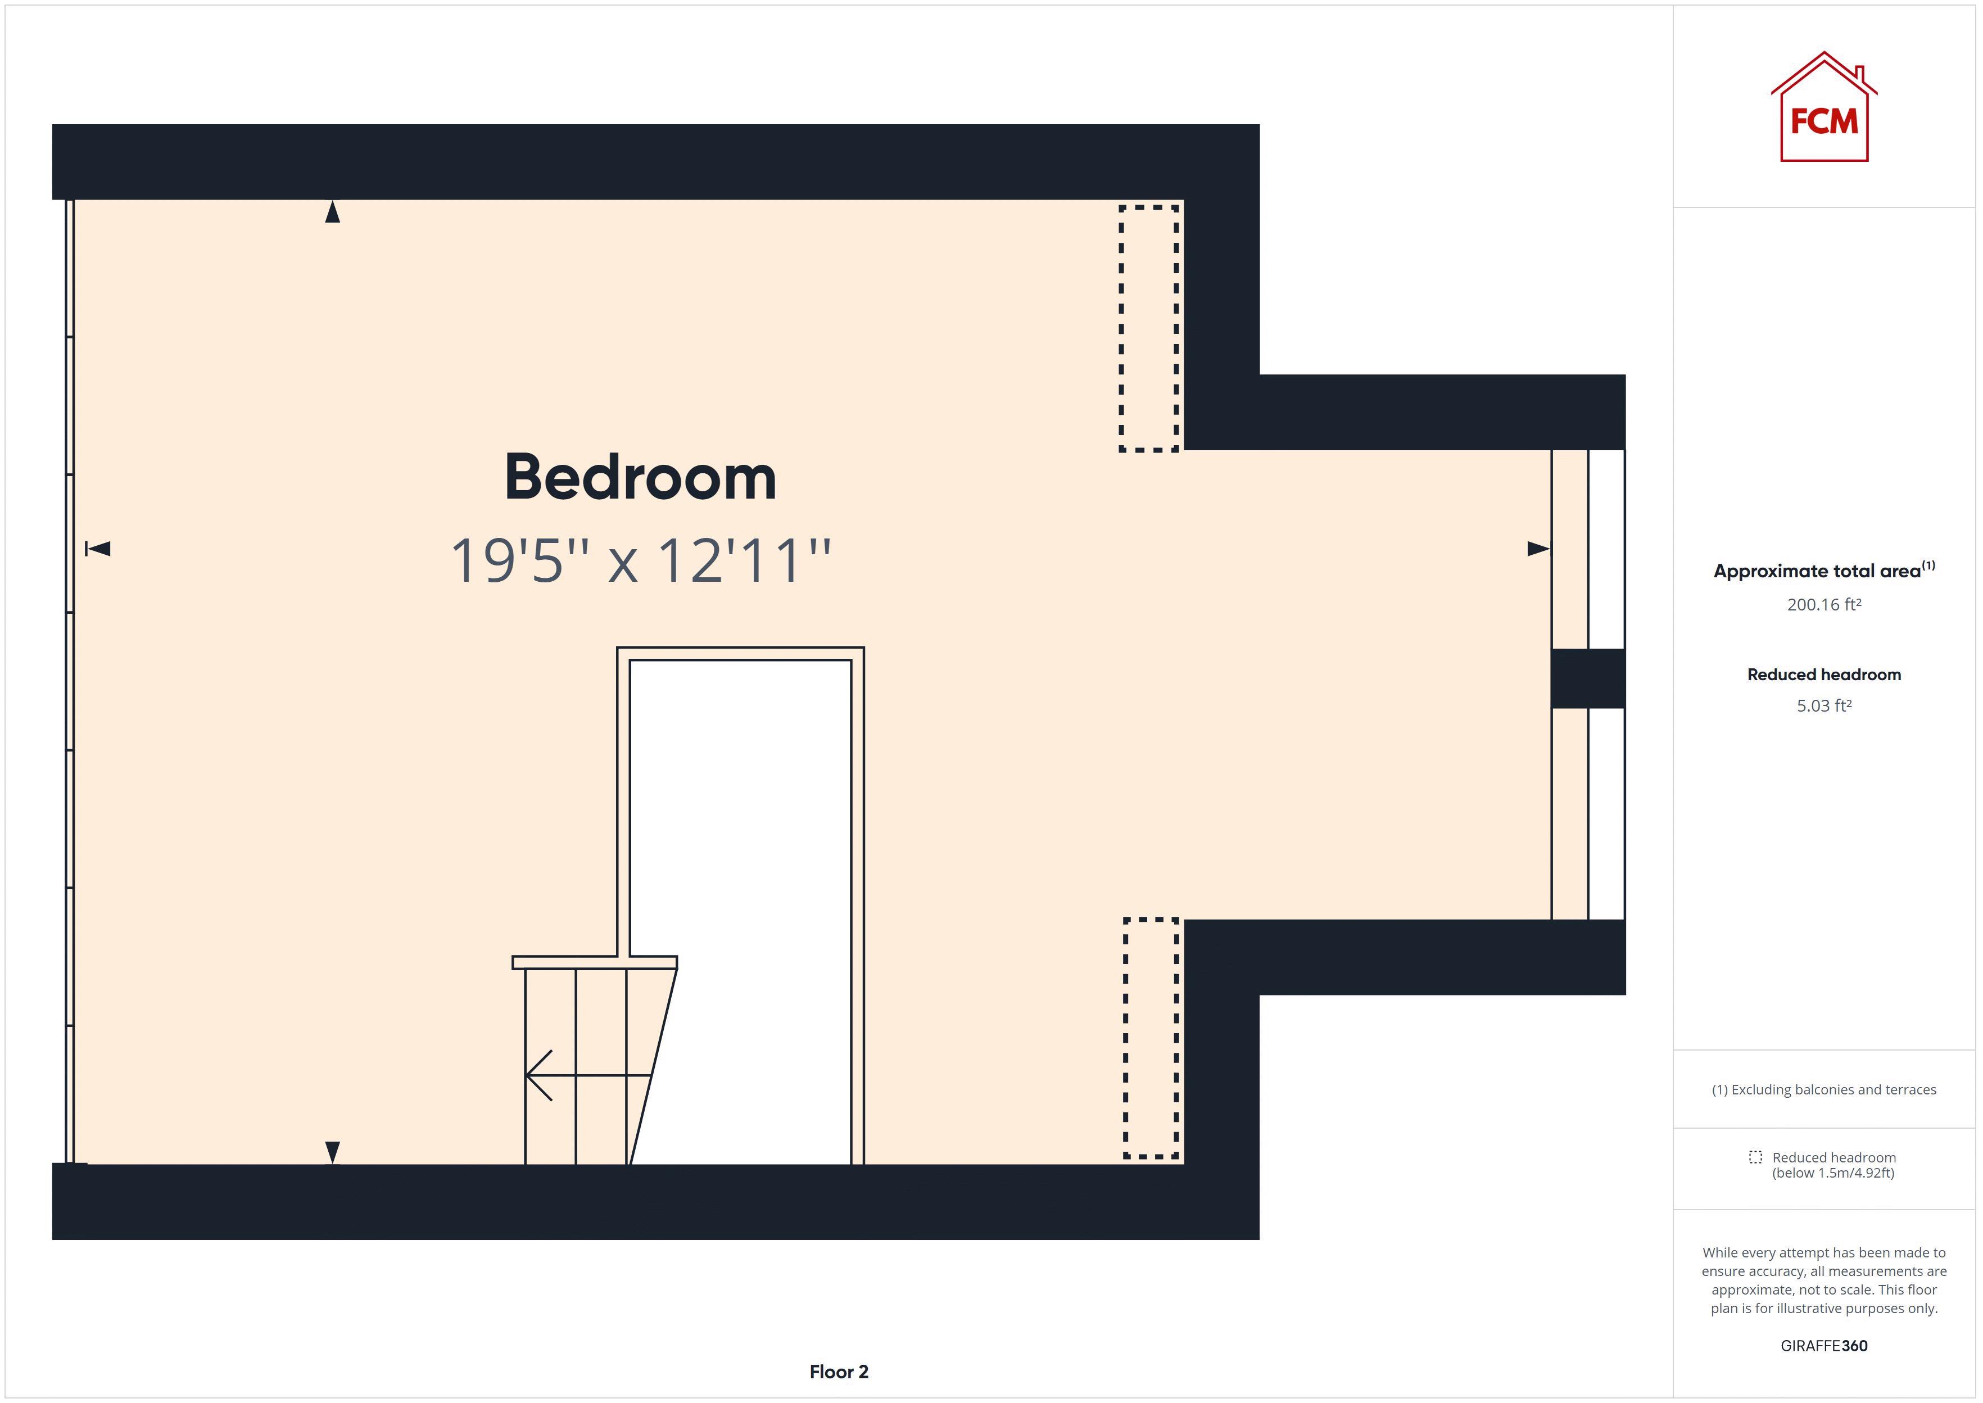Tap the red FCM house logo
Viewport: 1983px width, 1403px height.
1823,109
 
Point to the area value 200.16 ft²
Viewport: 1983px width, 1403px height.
1823,605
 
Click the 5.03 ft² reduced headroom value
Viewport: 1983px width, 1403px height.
1823,706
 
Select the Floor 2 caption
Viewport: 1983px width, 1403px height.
839,1371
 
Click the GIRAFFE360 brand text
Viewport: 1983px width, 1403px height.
1823,1345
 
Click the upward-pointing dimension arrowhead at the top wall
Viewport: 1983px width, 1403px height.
333,212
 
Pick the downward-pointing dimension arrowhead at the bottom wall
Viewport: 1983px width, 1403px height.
333,1152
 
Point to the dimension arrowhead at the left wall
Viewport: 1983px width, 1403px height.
98,549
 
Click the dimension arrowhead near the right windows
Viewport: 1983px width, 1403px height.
1537,549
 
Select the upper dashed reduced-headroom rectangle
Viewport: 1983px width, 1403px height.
1149,328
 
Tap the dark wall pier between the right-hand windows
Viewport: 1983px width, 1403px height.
1587,678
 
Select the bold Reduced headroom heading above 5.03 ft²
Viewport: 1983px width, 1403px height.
1823,675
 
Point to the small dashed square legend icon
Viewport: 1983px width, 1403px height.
1755,1157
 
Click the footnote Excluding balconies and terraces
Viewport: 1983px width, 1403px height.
1823,1089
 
